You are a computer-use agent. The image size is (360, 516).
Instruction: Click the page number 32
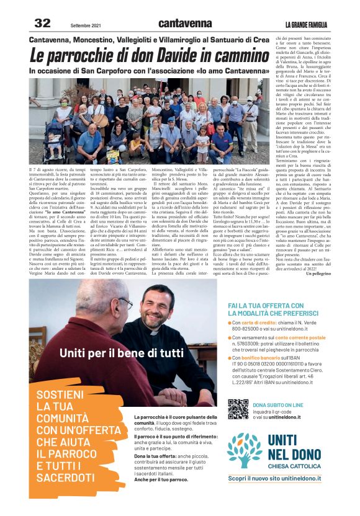pyautogui.click(x=42, y=24)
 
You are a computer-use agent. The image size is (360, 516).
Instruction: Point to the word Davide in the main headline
pyautogui.click(x=180, y=55)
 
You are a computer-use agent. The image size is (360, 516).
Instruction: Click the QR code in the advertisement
pyautogui.click(x=238, y=409)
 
